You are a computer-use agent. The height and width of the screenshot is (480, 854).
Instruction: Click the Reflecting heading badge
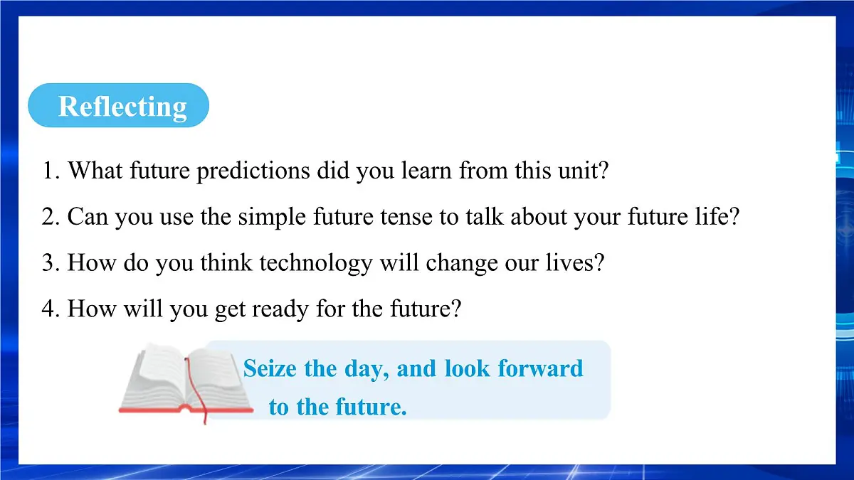coord(119,106)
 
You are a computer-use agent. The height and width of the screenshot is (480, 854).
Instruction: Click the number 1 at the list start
coord(48,171)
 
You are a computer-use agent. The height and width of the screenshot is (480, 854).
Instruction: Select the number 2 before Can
coord(48,217)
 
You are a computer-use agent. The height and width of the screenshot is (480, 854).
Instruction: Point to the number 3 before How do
coord(48,263)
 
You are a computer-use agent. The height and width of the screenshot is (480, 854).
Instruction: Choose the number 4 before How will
coord(48,309)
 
